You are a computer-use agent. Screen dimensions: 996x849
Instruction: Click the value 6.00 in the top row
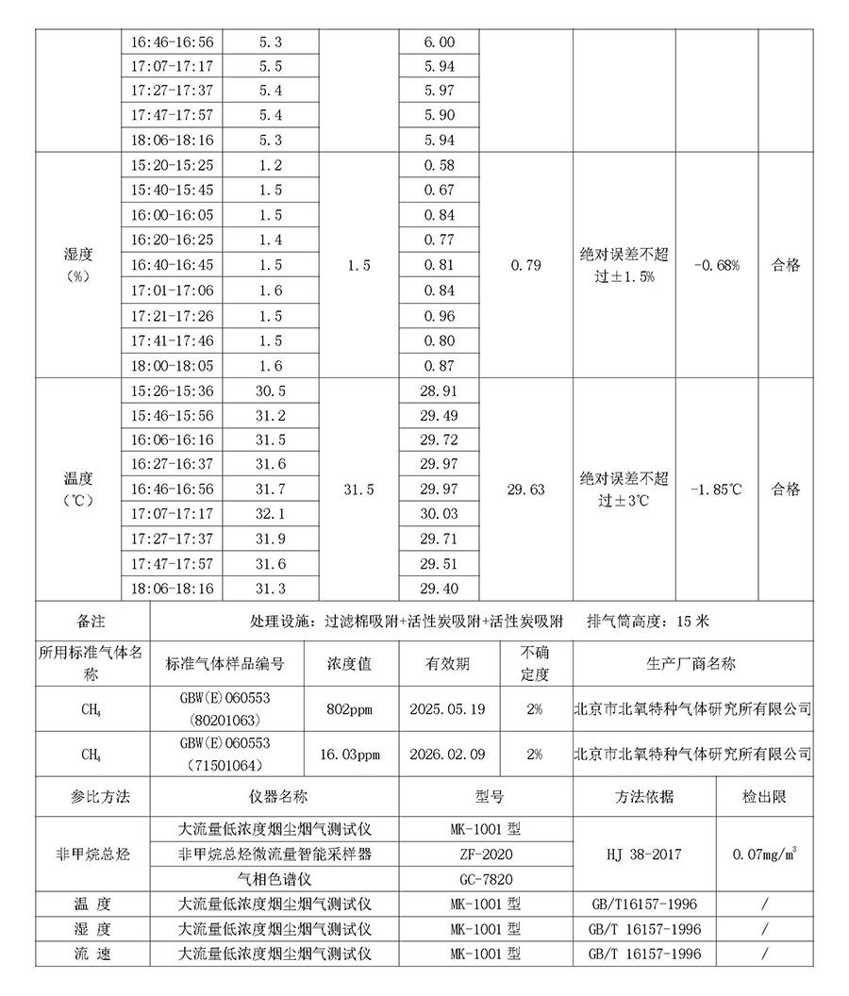pos(440,42)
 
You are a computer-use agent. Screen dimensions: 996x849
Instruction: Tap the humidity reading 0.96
pos(440,316)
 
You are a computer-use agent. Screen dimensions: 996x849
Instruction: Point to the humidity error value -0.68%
pos(716,266)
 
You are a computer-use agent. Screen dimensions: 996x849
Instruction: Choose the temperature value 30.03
pos(440,514)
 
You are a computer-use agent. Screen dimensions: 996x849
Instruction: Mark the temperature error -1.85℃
pos(716,490)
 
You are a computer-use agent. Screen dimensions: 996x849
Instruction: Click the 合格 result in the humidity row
pos(786,266)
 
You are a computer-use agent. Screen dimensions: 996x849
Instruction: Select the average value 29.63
pos(525,490)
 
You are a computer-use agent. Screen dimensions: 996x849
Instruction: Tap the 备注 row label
pos(92,622)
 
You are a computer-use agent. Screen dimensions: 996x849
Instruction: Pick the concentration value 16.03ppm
pos(353,755)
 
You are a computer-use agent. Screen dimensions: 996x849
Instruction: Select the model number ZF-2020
pos(486,855)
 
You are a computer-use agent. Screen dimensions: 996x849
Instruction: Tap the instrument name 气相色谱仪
pos(275,879)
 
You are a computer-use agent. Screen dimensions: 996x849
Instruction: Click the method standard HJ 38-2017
pos(644,855)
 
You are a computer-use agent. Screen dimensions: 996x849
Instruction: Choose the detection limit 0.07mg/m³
pos(765,855)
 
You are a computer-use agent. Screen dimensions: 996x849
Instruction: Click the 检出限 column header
pos(764,798)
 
